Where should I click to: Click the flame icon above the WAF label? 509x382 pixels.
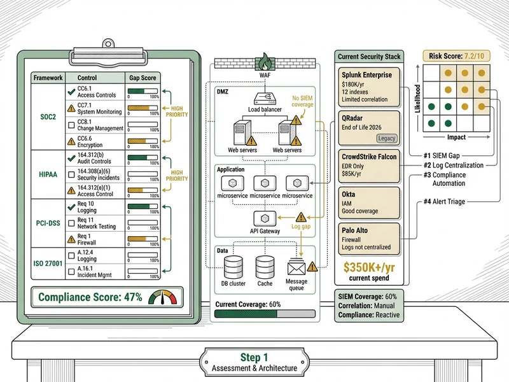pyautogui.click(x=263, y=61)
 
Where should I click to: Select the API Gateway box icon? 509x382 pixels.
pyautogui.click(x=264, y=218)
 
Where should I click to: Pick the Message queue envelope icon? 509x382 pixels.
pyautogui.click(x=296, y=267)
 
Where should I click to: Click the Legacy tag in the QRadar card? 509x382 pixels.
pyautogui.click(x=386, y=138)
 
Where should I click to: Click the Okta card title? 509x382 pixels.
pyautogui.click(x=349, y=194)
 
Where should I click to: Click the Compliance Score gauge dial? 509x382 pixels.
pyautogui.click(x=160, y=297)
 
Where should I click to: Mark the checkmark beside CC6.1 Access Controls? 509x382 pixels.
pyautogui.click(x=71, y=91)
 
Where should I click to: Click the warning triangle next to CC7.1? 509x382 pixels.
pyautogui.click(x=71, y=108)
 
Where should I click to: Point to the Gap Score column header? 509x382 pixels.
pyautogui.click(x=140, y=78)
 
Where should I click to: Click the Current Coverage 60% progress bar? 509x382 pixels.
pyautogui.click(x=264, y=313)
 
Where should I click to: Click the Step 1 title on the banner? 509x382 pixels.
pyautogui.click(x=254, y=357)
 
